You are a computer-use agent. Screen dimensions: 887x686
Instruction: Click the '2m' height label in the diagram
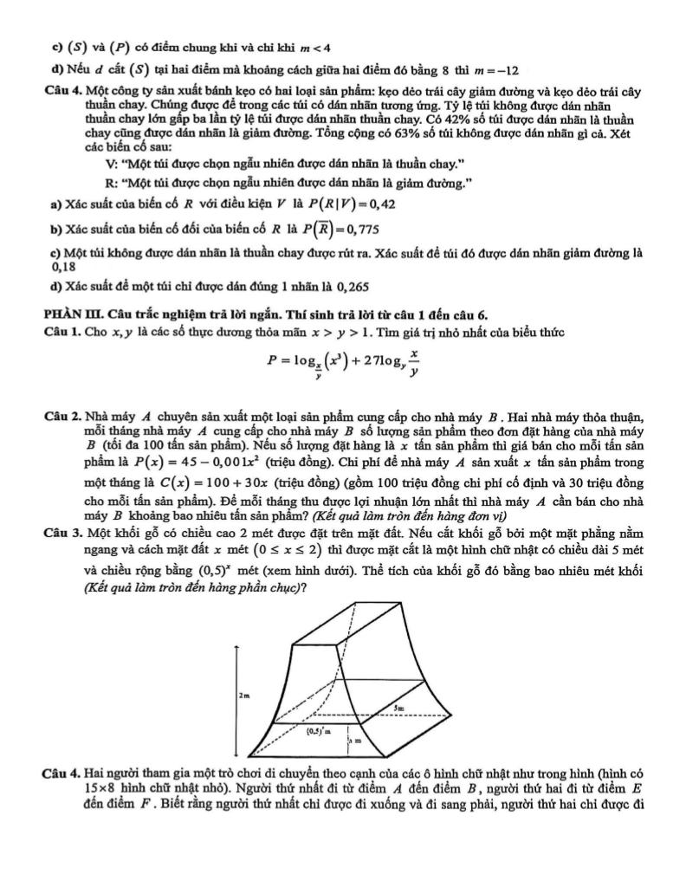coord(243,696)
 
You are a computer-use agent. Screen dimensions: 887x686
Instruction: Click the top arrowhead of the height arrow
coord(236,645)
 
